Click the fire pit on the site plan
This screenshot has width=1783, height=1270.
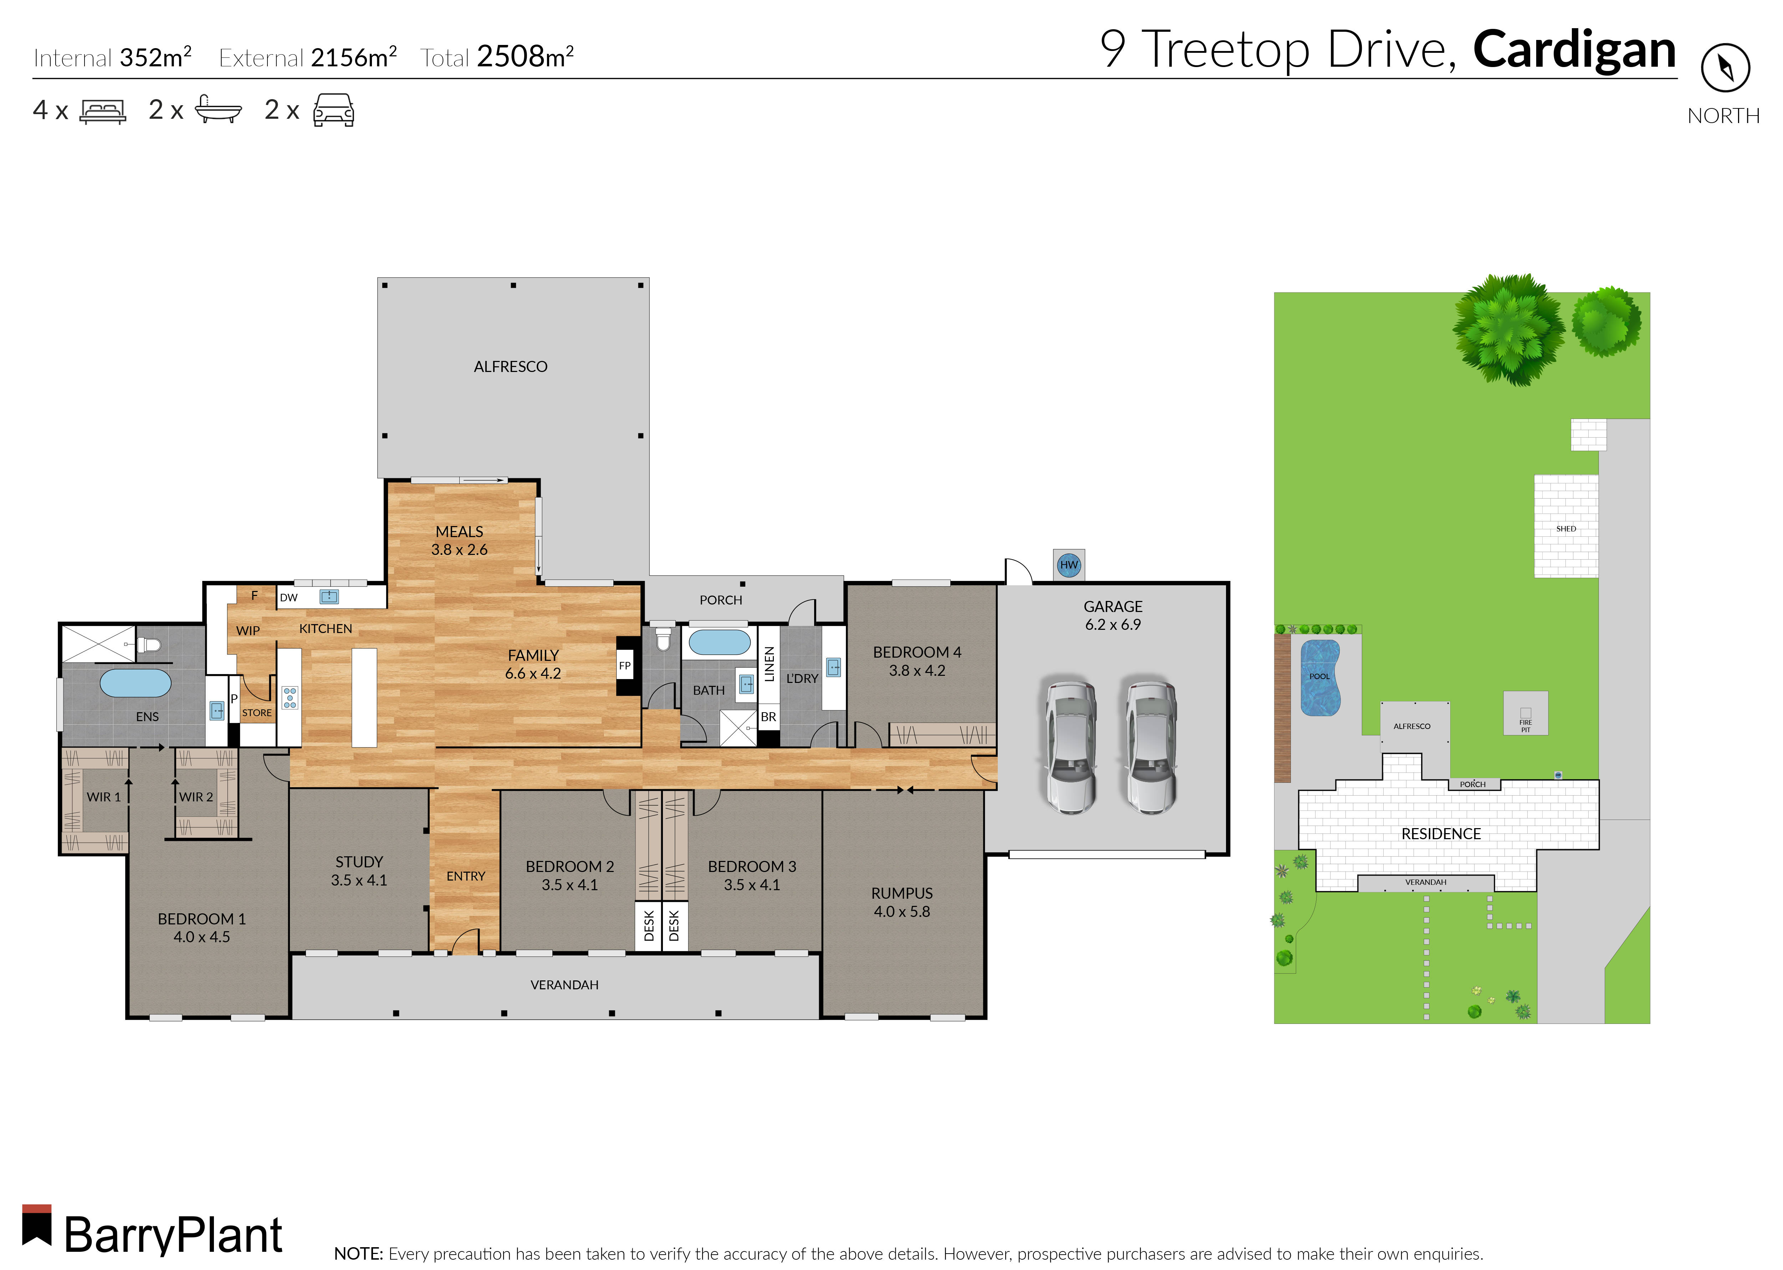[x=1525, y=713]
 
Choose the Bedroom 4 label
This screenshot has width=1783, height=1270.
[x=916, y=652]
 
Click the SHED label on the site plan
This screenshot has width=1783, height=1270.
[x=1565, y=529]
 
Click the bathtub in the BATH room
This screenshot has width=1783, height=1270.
[x=719, y=643]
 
